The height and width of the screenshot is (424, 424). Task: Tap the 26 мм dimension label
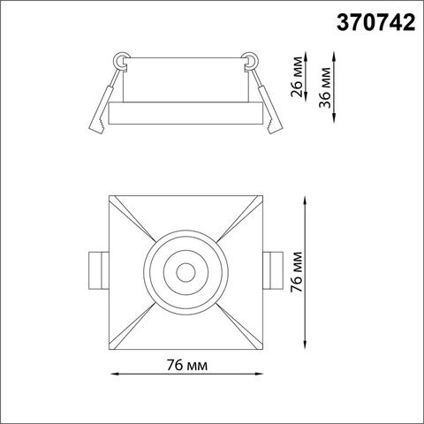299,78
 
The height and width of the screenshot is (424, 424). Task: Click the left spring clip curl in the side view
119,62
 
